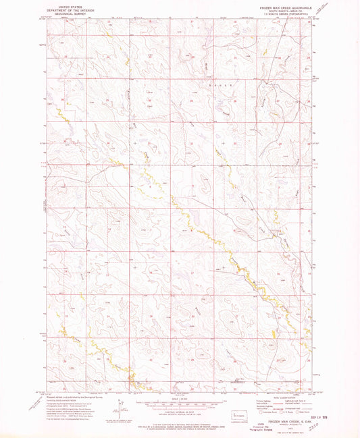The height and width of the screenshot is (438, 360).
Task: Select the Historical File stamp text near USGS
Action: pyautogui.click(x=269, y=429)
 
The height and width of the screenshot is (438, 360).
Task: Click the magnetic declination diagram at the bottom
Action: pyautogui.click(x=120, y=409)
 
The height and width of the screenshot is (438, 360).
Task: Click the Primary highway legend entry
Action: pyautogui.click(x=260, y=403)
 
